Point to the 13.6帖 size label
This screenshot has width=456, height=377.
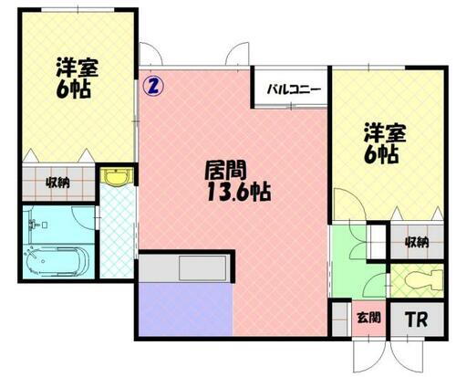click(233, 194)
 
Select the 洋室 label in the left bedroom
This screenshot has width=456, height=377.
click(76, 68)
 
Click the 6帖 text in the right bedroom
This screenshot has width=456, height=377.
click(379, 154)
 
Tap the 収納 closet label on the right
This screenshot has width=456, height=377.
click(417, 241)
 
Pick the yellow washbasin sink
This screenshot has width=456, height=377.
click(116, 178)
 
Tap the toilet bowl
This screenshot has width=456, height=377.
click(418, 278)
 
